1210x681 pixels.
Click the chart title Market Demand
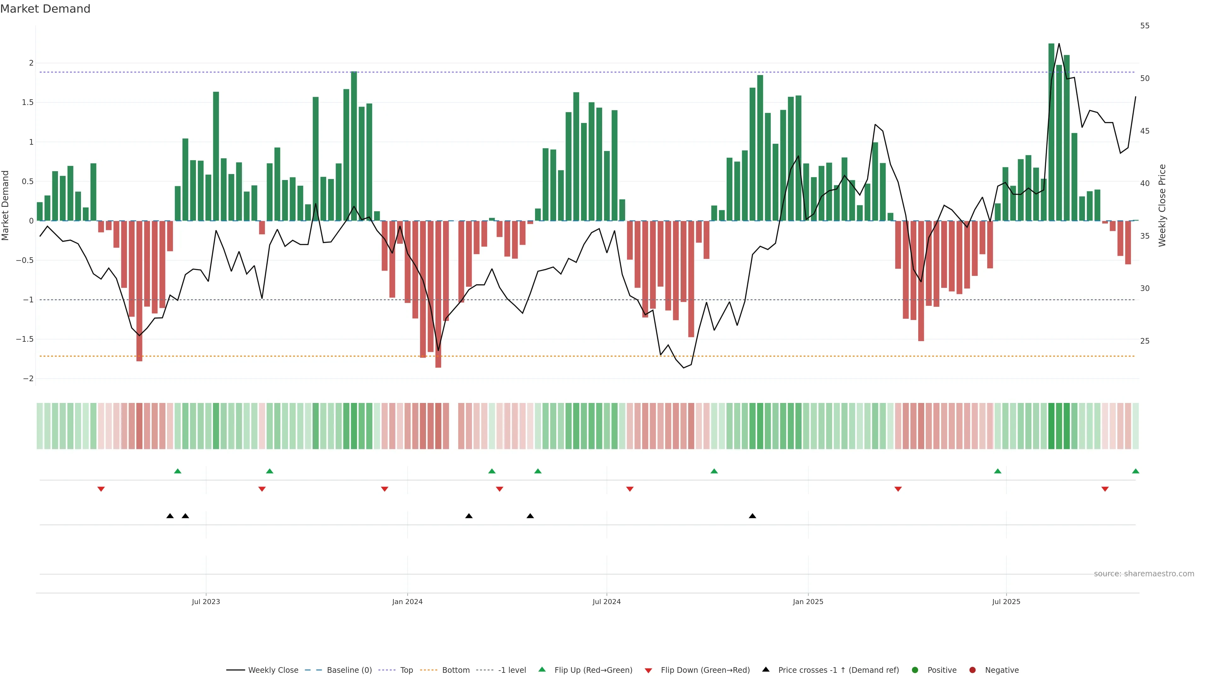45,9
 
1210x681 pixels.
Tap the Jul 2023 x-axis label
206,602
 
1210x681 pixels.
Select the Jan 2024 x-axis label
407,602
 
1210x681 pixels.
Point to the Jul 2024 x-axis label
606,602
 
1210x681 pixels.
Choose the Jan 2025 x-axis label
808,602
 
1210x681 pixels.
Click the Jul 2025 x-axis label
1006,602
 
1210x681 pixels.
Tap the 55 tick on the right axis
1145,26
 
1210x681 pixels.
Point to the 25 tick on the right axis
1145,341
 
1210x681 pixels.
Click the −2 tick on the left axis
28,379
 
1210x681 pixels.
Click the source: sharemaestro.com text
1144,574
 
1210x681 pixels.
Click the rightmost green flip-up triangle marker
1135,471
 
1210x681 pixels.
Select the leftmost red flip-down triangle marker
101,489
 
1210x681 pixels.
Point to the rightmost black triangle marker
752,516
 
